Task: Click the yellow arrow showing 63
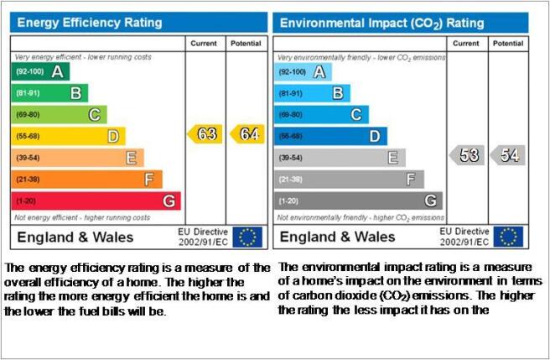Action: (205, 134)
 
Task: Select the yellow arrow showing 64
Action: (247, 134)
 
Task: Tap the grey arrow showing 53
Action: (467, 155)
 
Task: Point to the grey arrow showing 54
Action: (507, 155)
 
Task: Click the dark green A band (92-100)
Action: (40, 71)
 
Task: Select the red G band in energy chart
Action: (96, 201)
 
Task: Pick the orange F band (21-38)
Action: (86, 180)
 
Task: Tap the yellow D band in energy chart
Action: (69, 136)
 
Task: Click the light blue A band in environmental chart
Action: (303, 72)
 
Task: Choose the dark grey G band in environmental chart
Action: (359, 201)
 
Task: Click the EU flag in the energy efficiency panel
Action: (247, 237)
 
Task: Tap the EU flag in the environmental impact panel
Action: (508, 237)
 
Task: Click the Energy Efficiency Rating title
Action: (90, 23)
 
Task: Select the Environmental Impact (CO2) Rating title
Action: (382, 23)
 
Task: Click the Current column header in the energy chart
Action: (204, 44)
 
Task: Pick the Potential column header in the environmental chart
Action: (508, 44)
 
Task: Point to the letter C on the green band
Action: (95, 115)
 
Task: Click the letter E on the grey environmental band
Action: (393, 158)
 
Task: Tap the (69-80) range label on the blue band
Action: (290, 115)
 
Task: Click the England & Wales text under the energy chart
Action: (75, 237)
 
